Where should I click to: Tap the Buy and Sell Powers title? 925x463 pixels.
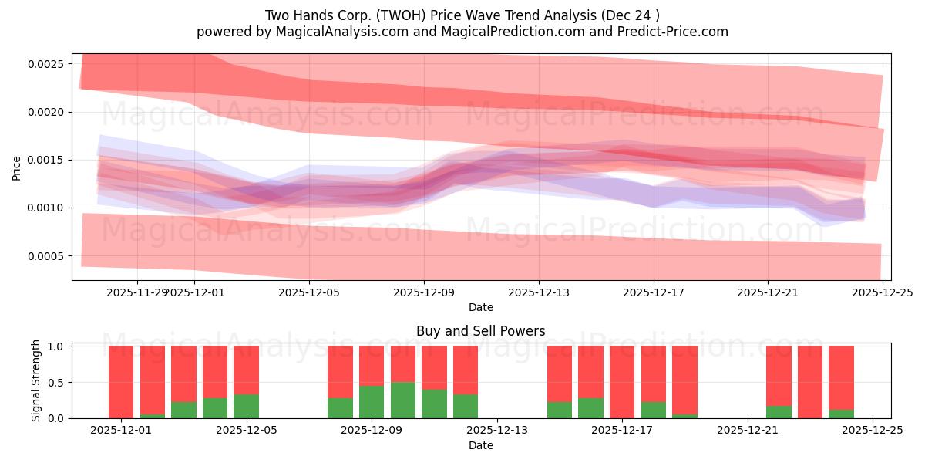click(x=480, y=331)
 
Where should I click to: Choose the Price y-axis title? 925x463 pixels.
click(x=17, y=167)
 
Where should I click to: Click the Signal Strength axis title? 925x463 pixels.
click(x=35, y=380)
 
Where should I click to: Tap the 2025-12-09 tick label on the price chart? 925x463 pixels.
click(x=423, y=292)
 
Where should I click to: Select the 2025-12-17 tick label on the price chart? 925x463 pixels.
click(x=653, y=292)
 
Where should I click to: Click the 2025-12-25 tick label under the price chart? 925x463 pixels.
click(x=882, y=292)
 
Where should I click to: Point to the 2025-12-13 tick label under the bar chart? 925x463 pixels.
click(x=496, y=431)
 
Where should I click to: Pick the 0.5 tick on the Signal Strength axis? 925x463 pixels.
click(x=58, y=383)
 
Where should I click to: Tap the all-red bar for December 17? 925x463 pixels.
click(x=622, y=382)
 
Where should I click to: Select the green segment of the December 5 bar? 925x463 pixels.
click(x=246, y=406)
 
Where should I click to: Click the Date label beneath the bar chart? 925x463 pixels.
click(x=480, y=445)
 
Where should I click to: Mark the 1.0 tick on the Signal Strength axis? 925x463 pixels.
click(x=58, y=346)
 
